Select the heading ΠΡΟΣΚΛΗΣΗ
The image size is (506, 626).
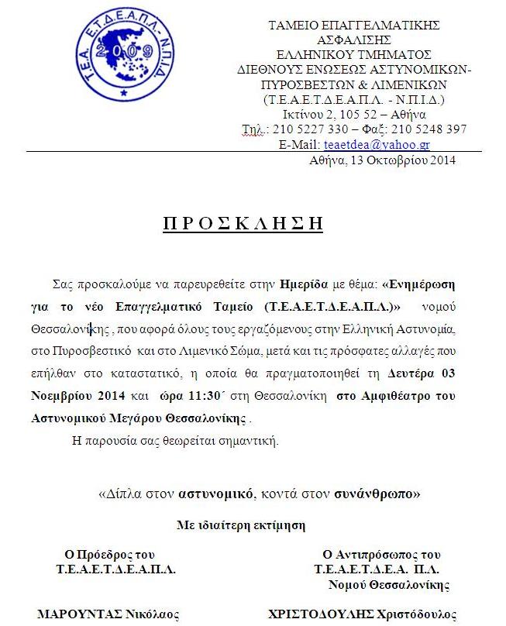(243, 223)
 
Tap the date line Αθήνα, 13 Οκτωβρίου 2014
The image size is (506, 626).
(382, 160)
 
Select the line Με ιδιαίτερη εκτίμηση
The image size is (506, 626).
(241, 525)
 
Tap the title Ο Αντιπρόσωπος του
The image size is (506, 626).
(381, 555)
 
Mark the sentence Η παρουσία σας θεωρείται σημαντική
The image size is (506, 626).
(175, 442)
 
